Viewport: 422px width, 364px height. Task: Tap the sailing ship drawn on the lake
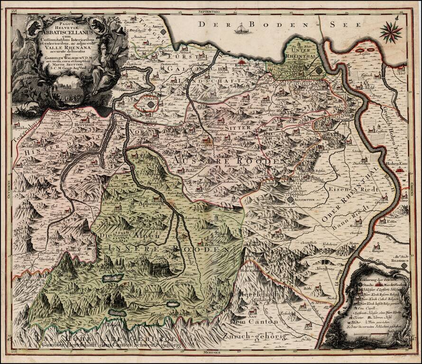click(x=241, y=30)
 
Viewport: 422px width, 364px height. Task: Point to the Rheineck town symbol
click(x=319, y=70)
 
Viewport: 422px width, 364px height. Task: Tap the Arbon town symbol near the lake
click(x=163, y=32)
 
